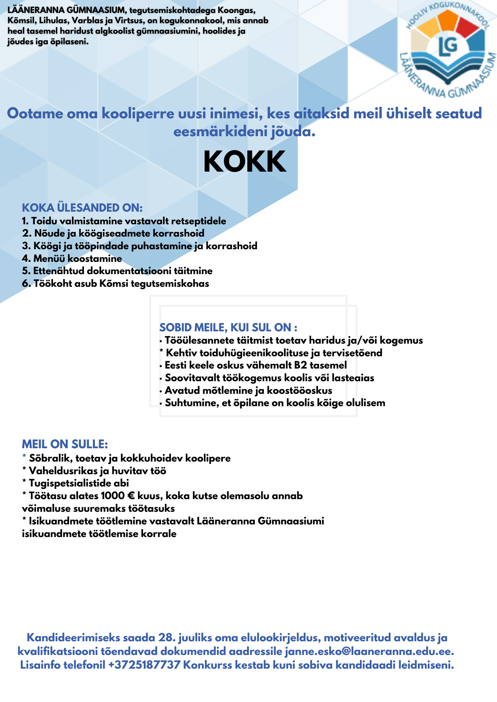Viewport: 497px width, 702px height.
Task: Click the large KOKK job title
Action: (x=245, y=162)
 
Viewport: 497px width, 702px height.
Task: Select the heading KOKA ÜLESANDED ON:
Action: (x=82, y=208)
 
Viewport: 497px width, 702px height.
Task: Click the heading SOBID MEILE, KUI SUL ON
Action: (x=228, y=327)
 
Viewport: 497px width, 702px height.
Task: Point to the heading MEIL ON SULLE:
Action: (x=65, y=444)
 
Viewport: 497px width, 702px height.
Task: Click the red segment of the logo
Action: (x=469, y=28)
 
